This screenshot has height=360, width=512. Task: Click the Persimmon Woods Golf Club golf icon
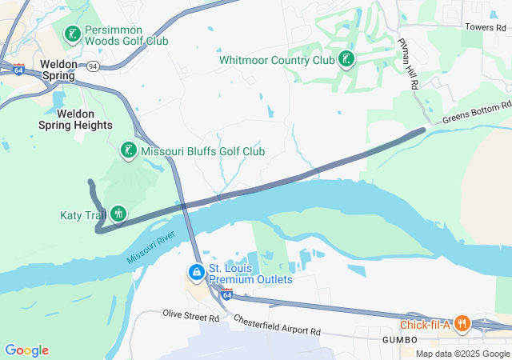point(73,33)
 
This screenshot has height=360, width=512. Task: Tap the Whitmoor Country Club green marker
point(346,59)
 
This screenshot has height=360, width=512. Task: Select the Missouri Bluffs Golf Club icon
point(128,150)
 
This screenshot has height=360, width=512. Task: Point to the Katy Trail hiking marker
point(118,214)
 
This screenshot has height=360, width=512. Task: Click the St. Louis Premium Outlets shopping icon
point(196,273)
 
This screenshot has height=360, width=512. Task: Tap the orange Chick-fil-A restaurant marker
point(462,324)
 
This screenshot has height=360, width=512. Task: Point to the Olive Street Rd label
point(190,317)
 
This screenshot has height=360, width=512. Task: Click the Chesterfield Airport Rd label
point(277,325)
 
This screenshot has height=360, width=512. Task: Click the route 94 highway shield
point(94,67)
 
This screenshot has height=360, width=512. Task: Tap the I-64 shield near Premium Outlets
point(227,294)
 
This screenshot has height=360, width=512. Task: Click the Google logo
point(27,350)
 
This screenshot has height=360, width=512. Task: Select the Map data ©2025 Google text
point(462,354)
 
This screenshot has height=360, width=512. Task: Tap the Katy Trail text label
point(83,214)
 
